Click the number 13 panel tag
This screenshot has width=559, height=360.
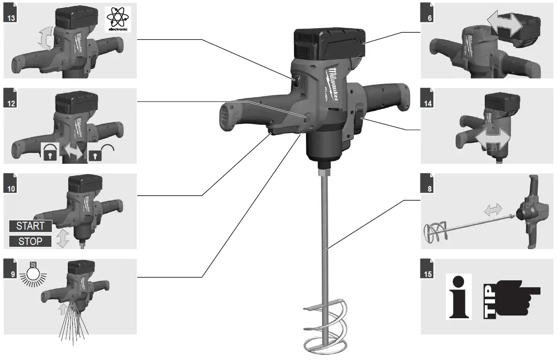tap(11, 18)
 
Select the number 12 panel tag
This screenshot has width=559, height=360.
tap(11, 103)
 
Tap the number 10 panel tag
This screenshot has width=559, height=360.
tap(11, 188)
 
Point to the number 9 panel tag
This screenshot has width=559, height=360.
tap(11, 274)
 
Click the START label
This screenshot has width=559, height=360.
tap(31, 226)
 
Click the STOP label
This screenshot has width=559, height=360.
tap(31, 241)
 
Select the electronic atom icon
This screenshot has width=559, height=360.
tap(118, 19)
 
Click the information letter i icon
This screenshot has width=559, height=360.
tap(458, 296)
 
